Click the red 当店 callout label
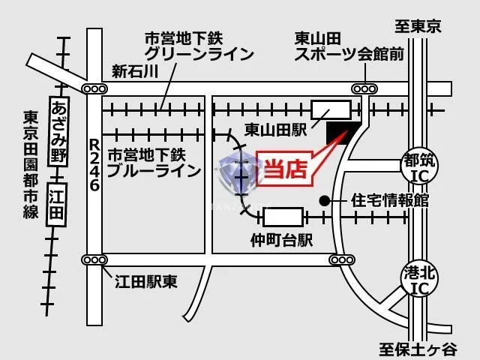pyautogui.click(x=285, y=168)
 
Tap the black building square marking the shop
pyautogui.click(x=343, y=133)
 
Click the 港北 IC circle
pyautogui.click(x=419, y=279)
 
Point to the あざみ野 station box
pyautogui.click(x=58, y=131)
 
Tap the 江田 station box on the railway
pyautogui.click(x=57, y=204)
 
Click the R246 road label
pyautogui.click(x=94, y=165)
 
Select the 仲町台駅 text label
pyautogui.click(x=281, y=240)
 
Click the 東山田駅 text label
pyautogui.click(x=275, y=130)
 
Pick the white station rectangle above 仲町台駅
pyautogui.click(x=283, y=217)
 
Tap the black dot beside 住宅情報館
pyautogui.click(x=325, y=201)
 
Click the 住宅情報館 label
pyautogui.click(x=390, y=200)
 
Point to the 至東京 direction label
pyautogui.click(x=418, y=26)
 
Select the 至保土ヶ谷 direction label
pyautogui.click(x=418, y=349)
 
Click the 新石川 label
pyautogui.click(x=135, y=71)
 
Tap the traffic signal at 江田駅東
pyautogui.click(x=94, y=260)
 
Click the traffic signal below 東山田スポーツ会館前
pyautogui.click(x=364, y=89)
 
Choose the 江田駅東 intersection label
pyautogui.click(x=146, y=282)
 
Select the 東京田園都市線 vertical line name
pyautogui.click(x=31, y=165)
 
